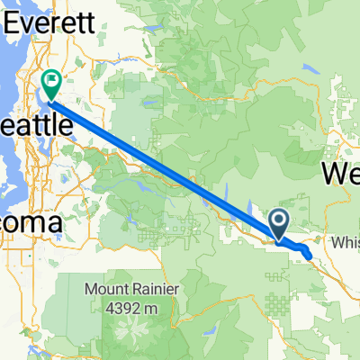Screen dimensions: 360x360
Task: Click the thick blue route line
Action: point(162,162)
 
